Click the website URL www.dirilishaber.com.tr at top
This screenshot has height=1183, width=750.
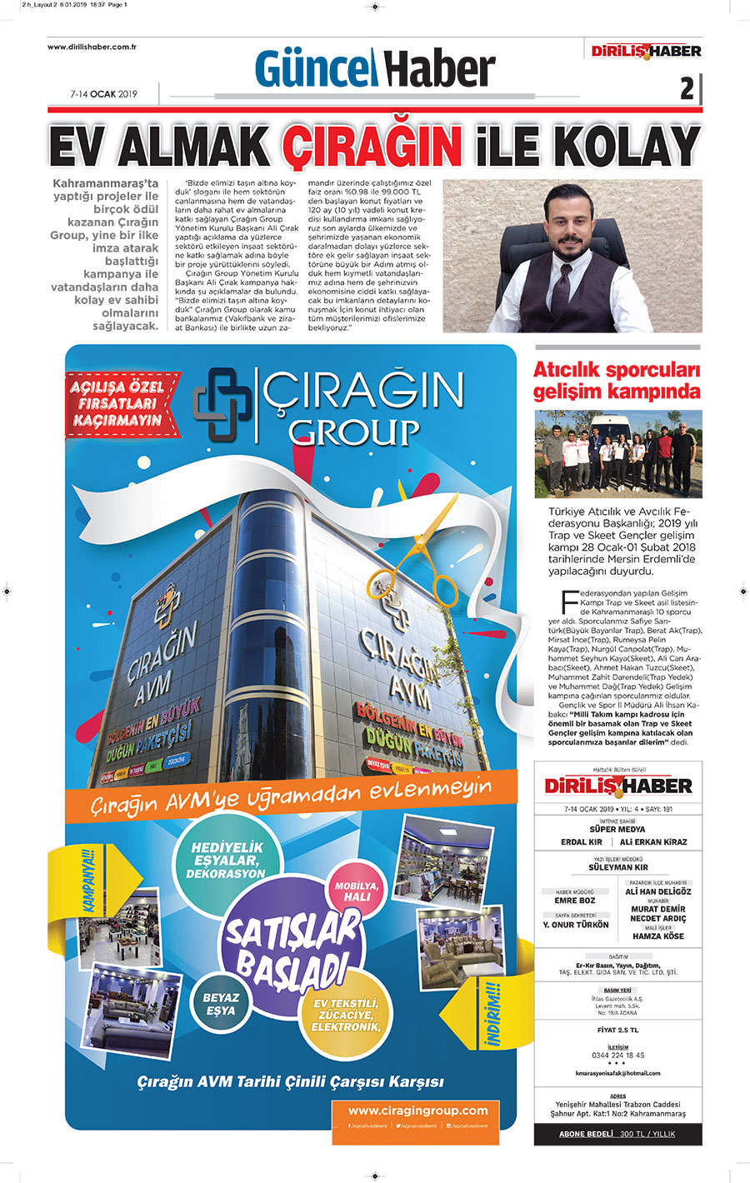pos(92,47)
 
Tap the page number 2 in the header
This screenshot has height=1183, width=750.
pos(687,87)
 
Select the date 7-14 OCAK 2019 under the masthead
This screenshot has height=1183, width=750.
pos(103,94)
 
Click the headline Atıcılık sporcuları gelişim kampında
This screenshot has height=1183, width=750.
pos(617,381)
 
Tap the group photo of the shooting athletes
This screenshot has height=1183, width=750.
pos(617,453)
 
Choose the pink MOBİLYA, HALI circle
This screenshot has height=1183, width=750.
pos(357,891)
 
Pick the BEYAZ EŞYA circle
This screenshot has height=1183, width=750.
pos(221,1003)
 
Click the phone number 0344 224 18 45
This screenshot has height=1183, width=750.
pos(617,1055)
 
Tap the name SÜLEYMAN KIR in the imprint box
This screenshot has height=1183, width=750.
pos(617,867)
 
